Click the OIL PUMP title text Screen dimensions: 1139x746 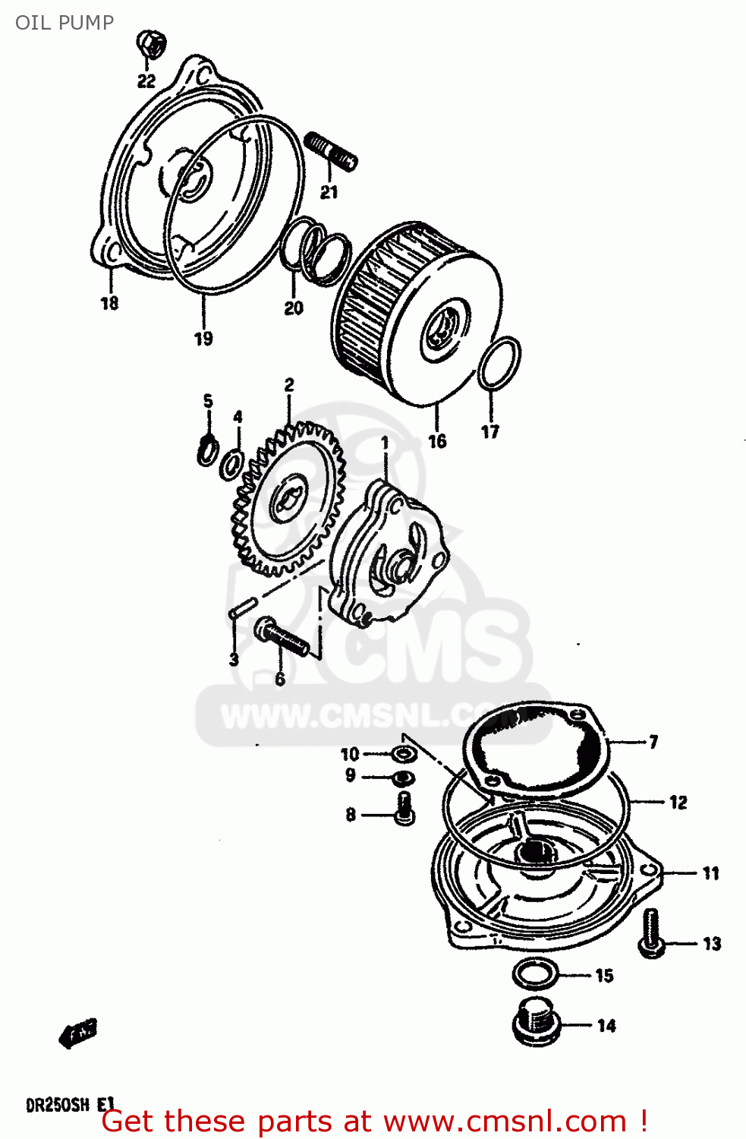coord(65,23)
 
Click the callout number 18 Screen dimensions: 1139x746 coord(109,303)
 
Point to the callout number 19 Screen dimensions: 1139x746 coord(203,339)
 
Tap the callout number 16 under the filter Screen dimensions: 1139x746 coord(437,440)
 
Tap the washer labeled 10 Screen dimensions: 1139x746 coord(403,754)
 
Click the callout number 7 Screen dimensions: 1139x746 coord(653,742)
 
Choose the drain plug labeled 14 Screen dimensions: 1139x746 coord(537,1023)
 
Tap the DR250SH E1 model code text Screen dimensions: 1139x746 coord(70,1105)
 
